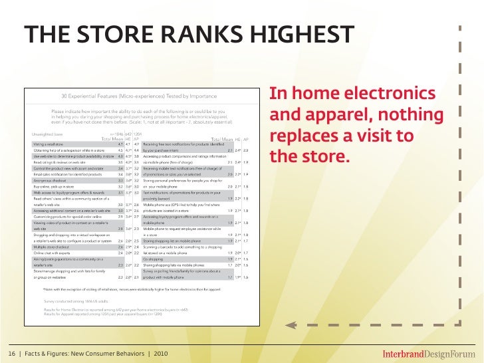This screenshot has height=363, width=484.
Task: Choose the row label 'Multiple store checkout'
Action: (x=55, y=247)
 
